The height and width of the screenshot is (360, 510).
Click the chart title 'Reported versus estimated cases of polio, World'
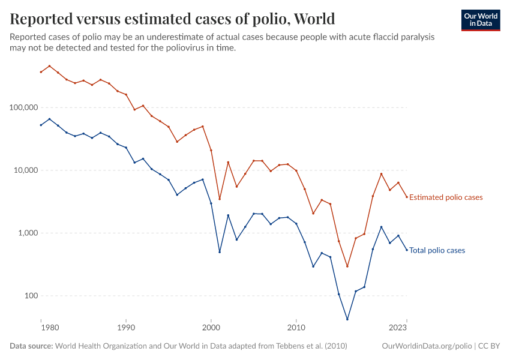pyautogui.click(x=172, y=19)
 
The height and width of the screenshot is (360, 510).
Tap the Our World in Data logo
pyautogui.click(x=480, y=20)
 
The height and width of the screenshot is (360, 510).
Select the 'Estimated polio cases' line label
pyautogui.click(x=445, y=197)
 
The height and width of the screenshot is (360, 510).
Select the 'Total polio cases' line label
pyautogui.click(x=437, y=251)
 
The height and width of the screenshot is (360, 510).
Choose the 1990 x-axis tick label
pyautogui.click(x=126, y=328)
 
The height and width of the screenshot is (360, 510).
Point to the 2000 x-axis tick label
pyautogui.click(x=211, y=328)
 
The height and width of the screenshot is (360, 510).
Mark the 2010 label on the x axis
pyautogui.click(x=296, y=328)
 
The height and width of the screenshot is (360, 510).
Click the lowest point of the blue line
pyautogui.click(x=347, y=319)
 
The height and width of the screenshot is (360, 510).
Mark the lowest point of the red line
pyautogui.click(x=347, y=266)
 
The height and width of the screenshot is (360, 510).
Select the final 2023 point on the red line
pyautogui.click(x=407, y=197)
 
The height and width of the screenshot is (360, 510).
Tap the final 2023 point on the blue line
pyautogui.click(x=407, y=250)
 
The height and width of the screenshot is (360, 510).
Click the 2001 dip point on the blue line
pyautogui.click(x=220, y=252)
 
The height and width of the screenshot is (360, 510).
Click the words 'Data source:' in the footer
pyautogui.click(x=31, y=346)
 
